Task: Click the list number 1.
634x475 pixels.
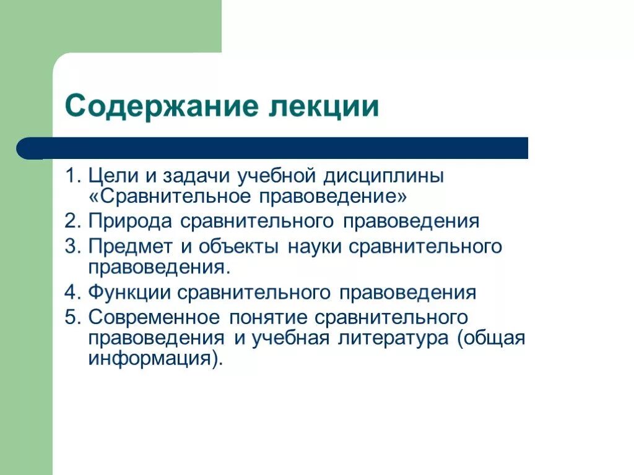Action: (72, 176)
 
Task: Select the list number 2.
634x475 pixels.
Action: (72, 221)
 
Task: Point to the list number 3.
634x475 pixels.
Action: (72, 246)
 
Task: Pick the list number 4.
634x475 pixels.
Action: (72, 292)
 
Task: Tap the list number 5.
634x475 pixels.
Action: (72, 317)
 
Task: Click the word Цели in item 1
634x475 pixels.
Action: (112, 176)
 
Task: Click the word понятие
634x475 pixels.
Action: (268, 318)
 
